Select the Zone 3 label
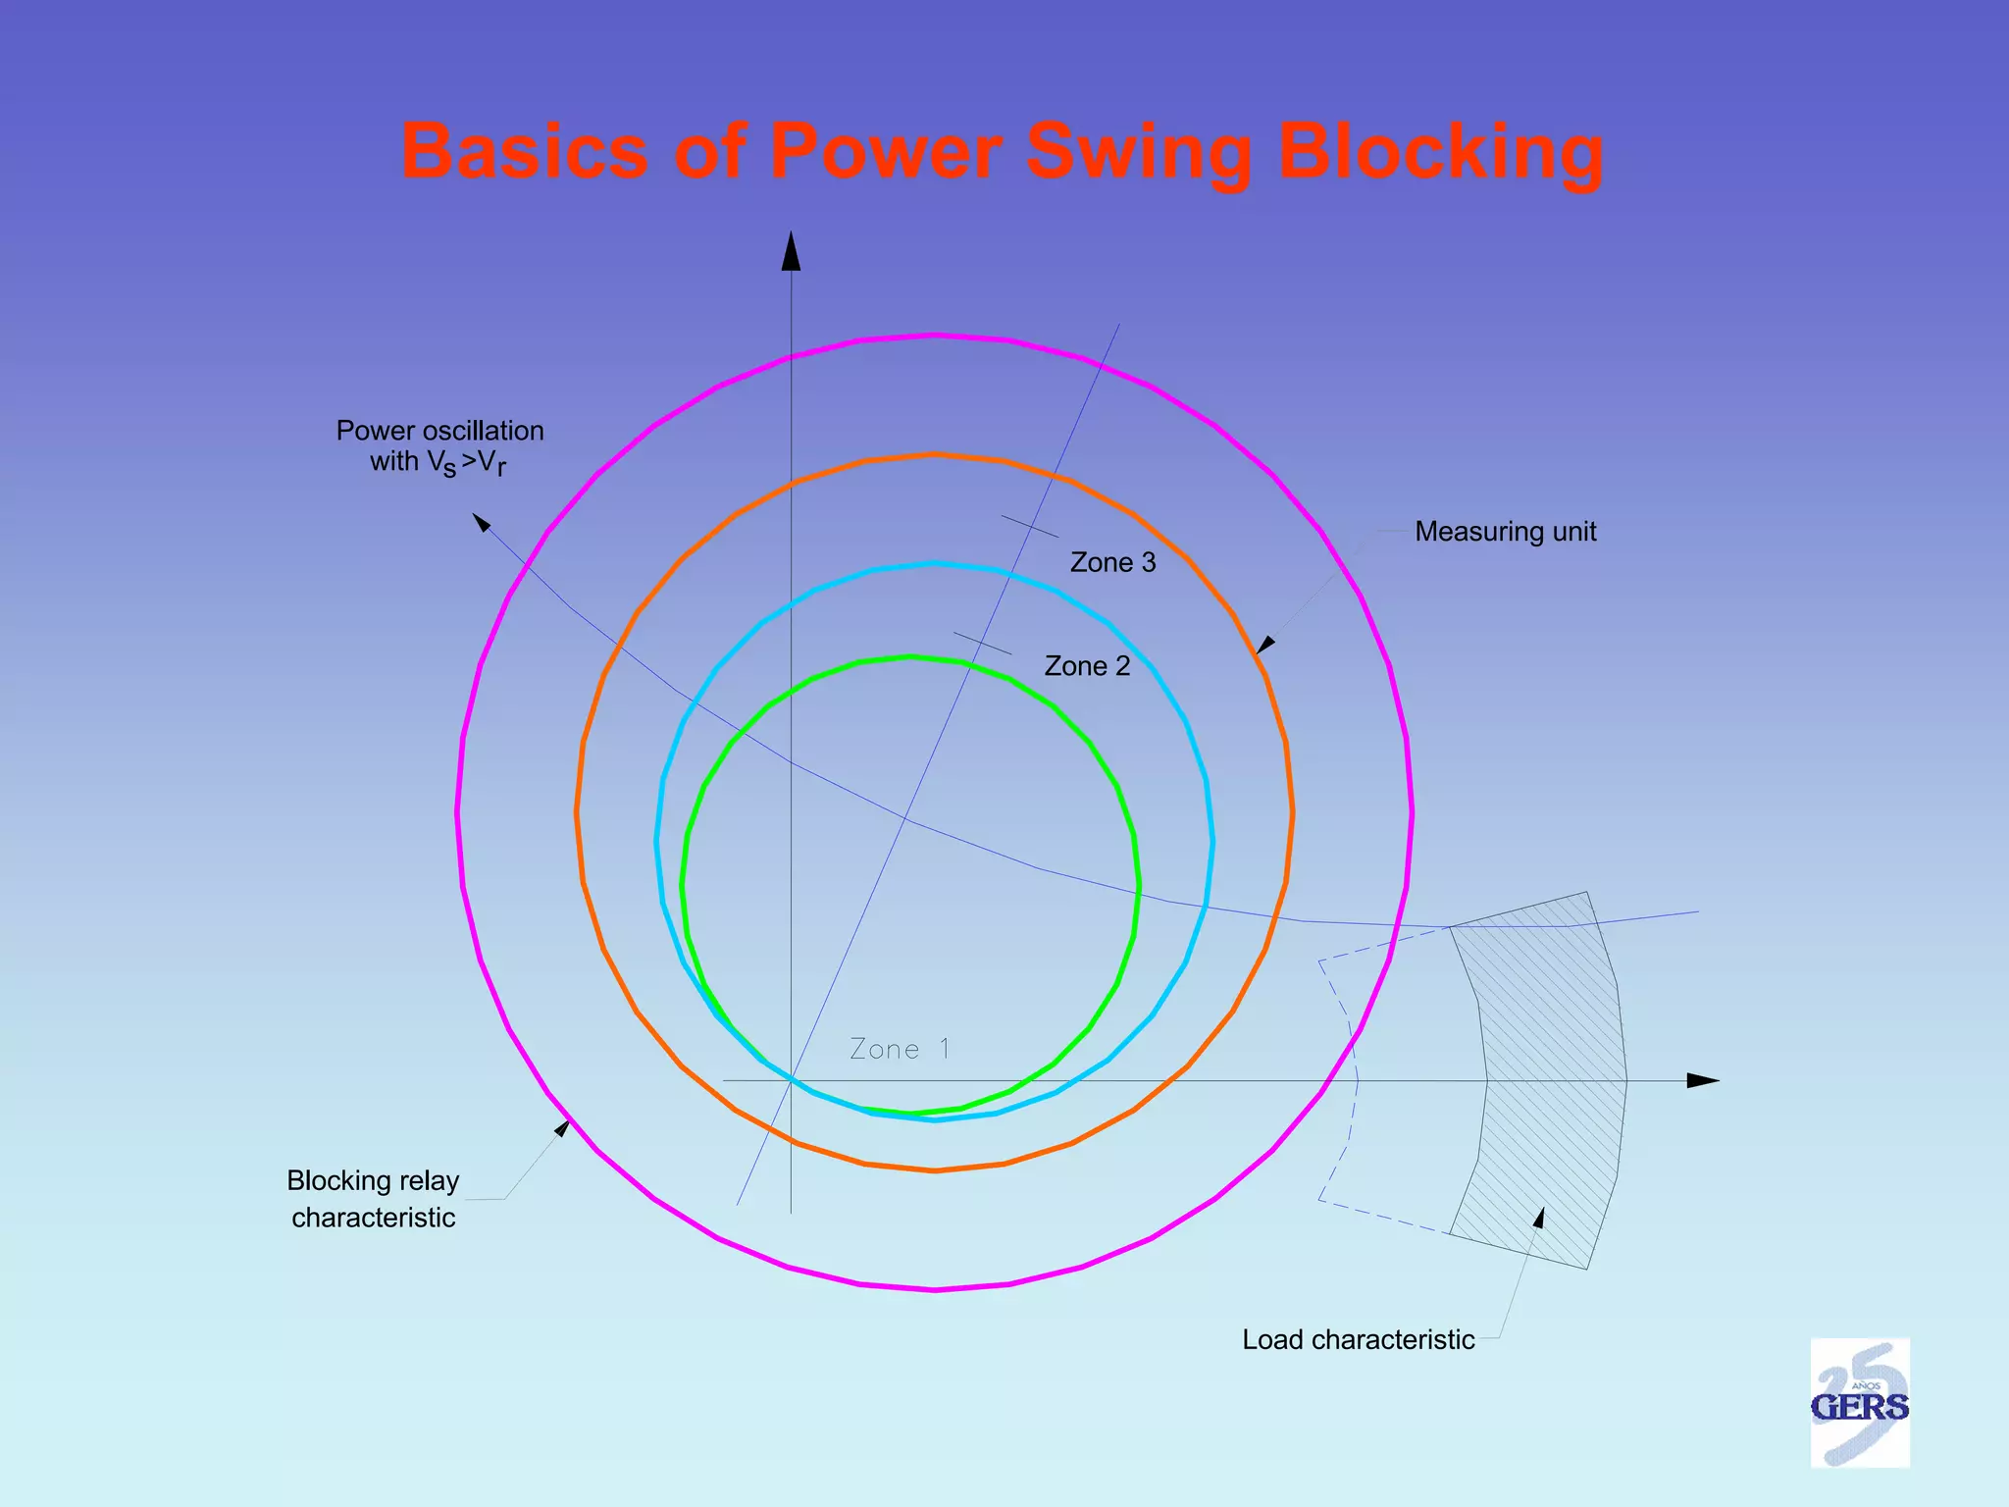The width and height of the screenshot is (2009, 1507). coord(1112,562)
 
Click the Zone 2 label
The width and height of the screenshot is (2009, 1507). coord(1087,666)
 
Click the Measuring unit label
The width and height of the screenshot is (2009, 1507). coord(1505,532)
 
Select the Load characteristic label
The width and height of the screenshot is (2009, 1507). coord(1358,1339)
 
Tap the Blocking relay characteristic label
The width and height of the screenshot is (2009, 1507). coord(374,1198)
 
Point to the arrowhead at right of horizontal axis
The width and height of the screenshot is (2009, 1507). coord(1702,1080)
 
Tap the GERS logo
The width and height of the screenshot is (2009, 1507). coord(1859,1403)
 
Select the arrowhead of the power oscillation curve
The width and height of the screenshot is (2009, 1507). coord(481,522)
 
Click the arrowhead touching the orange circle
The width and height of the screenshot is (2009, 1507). coord(1264,646)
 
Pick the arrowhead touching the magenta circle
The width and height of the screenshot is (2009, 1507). coord(563,1128)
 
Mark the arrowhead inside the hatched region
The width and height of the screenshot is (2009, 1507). coord(1539,1218)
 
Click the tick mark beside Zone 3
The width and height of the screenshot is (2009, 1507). coord(1029,527)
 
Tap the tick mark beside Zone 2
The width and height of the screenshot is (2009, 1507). coord(982,644)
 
